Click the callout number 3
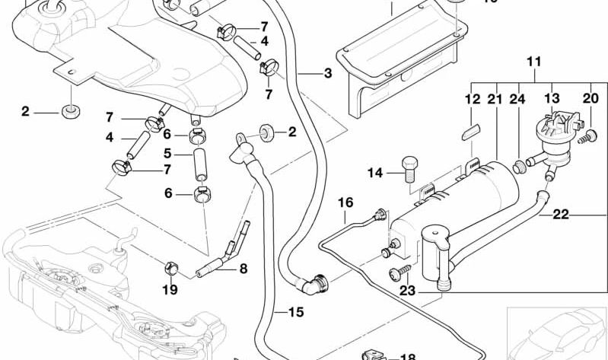click(327, 74)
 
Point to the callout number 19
click(170, 289)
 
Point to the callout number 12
click(472, 99)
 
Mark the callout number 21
click(495, 99)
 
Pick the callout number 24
click(518, 99)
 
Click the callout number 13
click(552, 99)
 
